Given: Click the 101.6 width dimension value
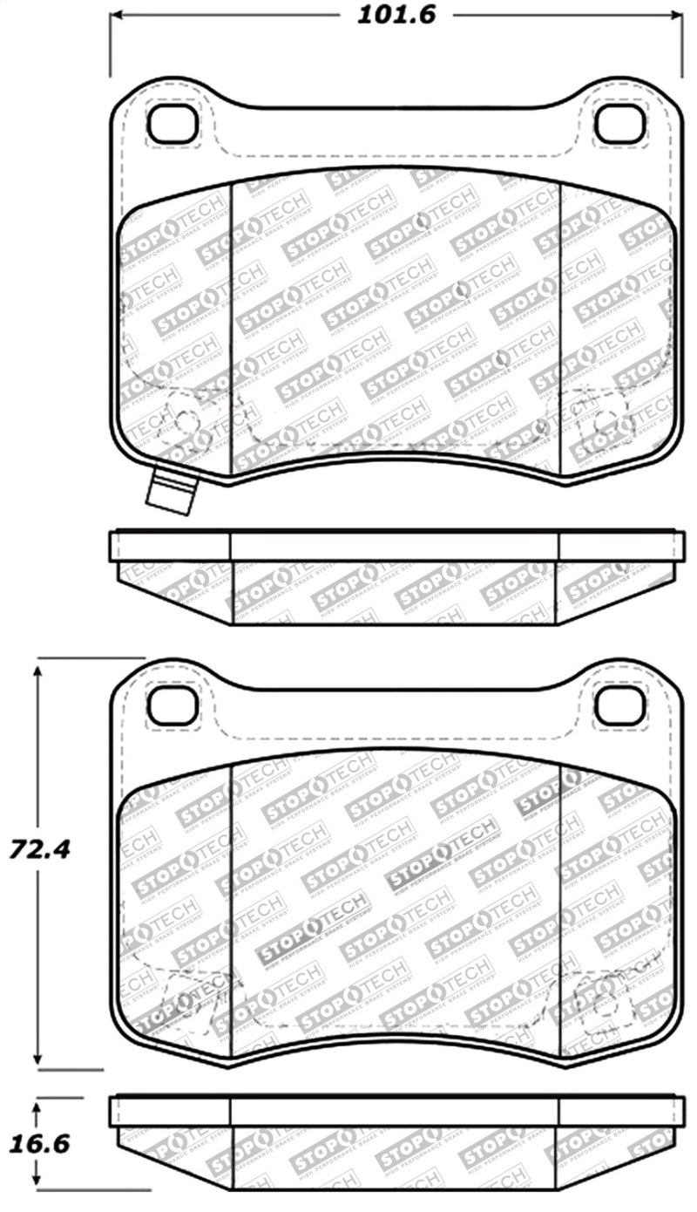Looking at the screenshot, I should point(396,16).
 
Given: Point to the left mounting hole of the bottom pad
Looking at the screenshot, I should point(173,705).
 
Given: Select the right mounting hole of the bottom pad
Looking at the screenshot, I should point(619,705).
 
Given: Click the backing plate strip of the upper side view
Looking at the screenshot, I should point(394,546).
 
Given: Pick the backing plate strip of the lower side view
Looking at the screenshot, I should point(394,1111).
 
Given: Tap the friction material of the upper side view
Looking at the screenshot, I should point(394,592).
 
